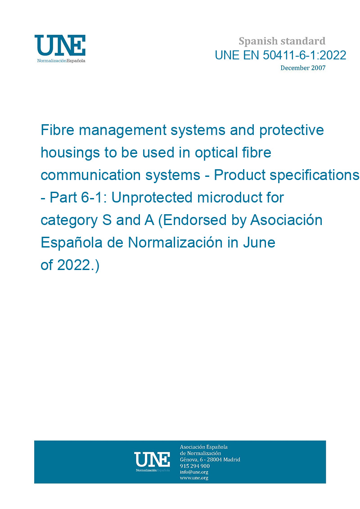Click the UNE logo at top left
60,49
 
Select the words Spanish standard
282,41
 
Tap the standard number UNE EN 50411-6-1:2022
280,55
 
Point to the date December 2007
303,68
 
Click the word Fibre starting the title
57,130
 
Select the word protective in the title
292,131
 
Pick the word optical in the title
216,153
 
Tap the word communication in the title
90,175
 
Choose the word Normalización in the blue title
175,242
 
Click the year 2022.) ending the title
78,265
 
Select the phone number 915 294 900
195,466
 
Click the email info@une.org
194,472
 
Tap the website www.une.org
194,478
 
